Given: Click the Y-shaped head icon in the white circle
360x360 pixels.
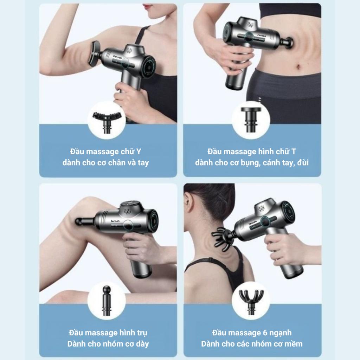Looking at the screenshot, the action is pyautogui.click(x=107, y=122).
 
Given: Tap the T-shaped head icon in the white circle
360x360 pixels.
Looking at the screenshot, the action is pyautogui.click(x=251, y=120).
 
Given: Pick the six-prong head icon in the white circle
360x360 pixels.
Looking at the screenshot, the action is pyautogui.click(x=251, y=301).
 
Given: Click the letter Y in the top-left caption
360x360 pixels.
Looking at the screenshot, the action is pyautogui.click(x=139, y=152).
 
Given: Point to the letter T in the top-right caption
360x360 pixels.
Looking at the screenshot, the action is pyautogui.click(x=294, y=152).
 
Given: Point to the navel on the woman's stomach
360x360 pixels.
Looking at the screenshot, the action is pyautogui.click(x=298, y=67).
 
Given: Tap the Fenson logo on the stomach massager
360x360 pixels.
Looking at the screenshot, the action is pyautogui.click(x=262, y=36).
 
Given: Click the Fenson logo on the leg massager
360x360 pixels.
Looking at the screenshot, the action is pyautogui.click(x=115, y=221).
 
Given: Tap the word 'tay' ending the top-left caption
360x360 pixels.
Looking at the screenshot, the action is pyautogui.click(x=143, y=163).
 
